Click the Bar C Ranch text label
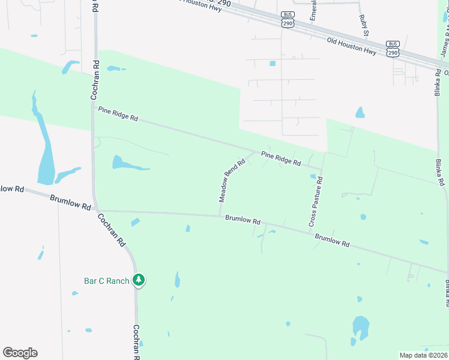point(107,281)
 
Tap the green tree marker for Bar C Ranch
point(139,280)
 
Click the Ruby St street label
point(364,25)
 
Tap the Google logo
point(20,353)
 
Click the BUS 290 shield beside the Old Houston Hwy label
point(393,49)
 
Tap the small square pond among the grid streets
point(273,63)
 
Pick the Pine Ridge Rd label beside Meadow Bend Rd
point(281,158)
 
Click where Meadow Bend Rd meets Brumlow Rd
point(220,215)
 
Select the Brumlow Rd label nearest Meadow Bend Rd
point(243,220)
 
